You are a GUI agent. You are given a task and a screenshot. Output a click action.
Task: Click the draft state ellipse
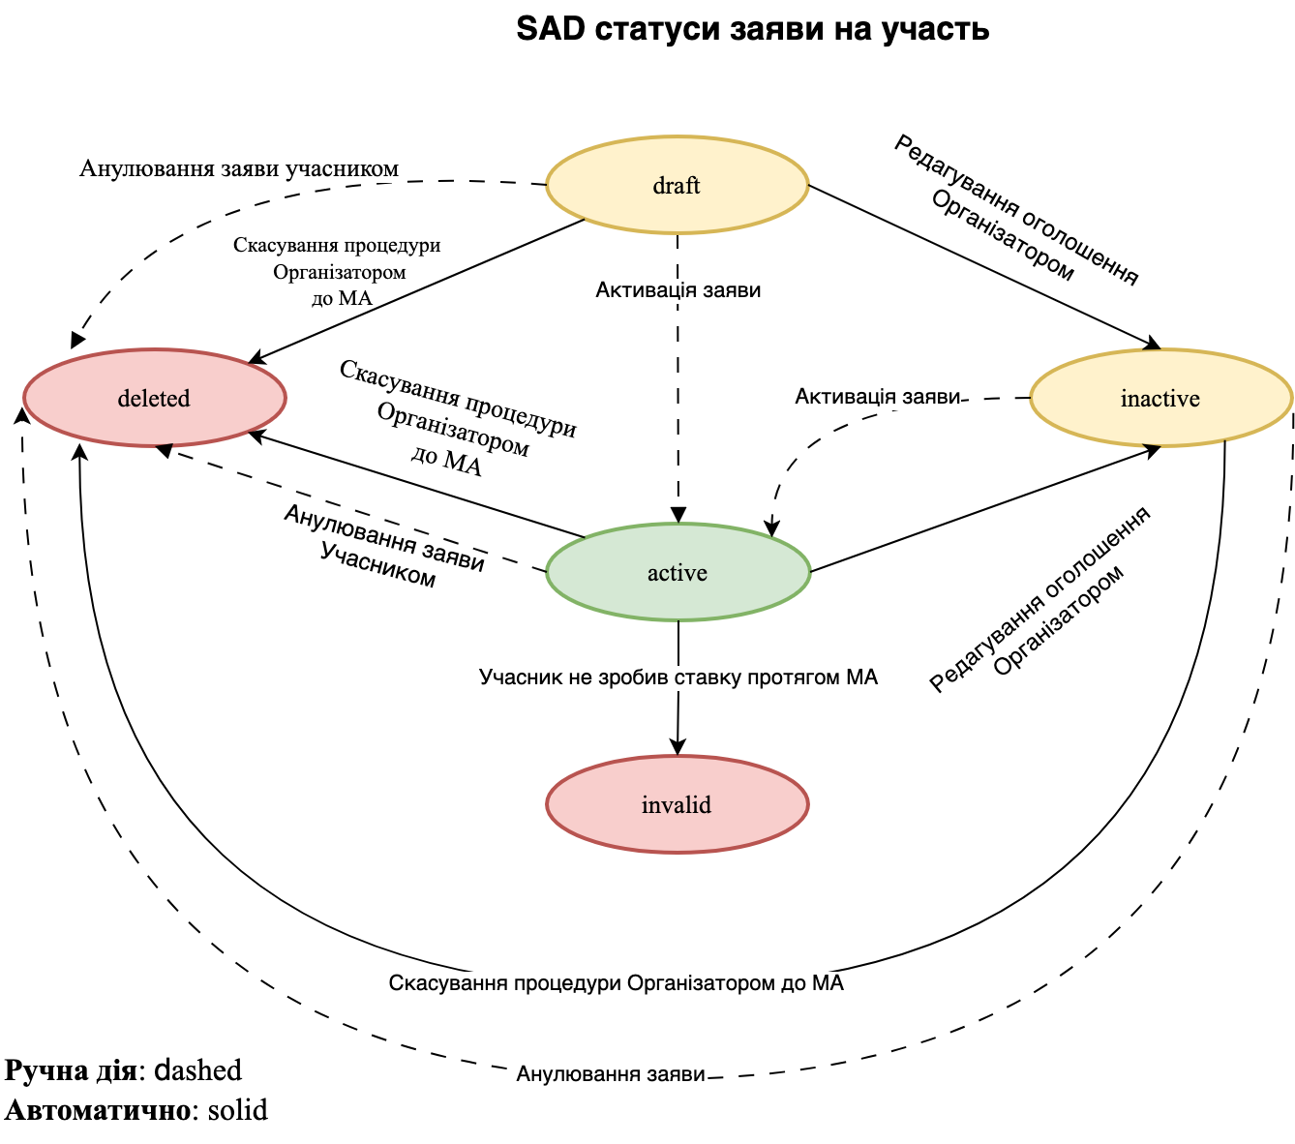tap(677, 186)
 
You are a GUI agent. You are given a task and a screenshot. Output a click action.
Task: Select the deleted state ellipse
tap(154, 398)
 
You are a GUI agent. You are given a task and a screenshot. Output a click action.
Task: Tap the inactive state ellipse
tap(1160, 398)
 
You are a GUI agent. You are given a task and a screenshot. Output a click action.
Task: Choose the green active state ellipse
tap(677, 573)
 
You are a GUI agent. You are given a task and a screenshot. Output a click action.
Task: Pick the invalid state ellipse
tap(677, 804)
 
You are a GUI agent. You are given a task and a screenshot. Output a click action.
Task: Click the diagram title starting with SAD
tap(752, 29)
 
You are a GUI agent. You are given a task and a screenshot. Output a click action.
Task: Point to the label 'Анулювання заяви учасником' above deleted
tap(239, 169)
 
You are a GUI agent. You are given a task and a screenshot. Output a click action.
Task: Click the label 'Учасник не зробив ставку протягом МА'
tap(678, 677)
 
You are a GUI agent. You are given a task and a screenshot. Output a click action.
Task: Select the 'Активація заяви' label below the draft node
tap(678, 290)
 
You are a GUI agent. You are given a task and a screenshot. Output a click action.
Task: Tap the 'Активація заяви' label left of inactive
tap(877, 397)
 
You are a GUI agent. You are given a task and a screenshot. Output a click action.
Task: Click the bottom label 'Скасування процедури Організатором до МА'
tap(617, 983)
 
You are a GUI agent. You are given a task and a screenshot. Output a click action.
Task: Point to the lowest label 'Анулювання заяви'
tap(611, 1073)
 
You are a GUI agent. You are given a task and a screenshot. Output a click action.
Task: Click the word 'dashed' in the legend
tap(198, 1069)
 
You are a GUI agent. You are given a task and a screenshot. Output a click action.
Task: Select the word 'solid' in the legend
tap(238, 1109)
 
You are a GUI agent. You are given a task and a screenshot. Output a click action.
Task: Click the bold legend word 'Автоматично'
tap(97, 1109)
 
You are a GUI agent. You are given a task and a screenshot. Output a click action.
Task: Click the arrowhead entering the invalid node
tap(678, 747)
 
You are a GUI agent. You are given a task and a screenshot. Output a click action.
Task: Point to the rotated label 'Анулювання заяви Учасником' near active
tap(382, 546)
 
